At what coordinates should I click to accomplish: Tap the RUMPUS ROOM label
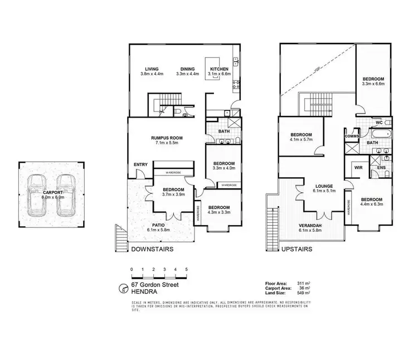tap(167, 138)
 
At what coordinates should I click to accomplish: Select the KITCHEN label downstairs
tap(216, 69)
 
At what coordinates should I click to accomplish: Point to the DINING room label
tap(187, 69)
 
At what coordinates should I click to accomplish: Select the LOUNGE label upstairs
tap(323, 187)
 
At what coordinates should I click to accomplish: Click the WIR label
tap(358, 167)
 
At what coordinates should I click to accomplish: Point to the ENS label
tap(382, 167)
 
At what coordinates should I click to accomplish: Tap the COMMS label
tap(352, 135)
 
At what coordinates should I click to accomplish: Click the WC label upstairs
tap(379, 122)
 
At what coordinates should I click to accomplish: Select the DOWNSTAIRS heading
tap(151, 249)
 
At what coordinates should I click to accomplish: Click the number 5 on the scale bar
tap(186, 269)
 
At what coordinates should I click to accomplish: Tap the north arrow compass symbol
tap(124, 288)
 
